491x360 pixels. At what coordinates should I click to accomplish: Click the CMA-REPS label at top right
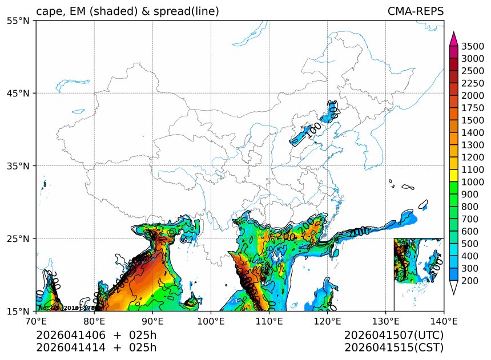pos(415,11)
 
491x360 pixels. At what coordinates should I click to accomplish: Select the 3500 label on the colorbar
pos(473,46)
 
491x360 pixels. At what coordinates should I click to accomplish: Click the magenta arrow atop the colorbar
pos(454,39)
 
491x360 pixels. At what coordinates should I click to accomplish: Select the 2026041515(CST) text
pos(394,347)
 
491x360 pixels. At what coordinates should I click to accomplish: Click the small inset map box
pos(418,274)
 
